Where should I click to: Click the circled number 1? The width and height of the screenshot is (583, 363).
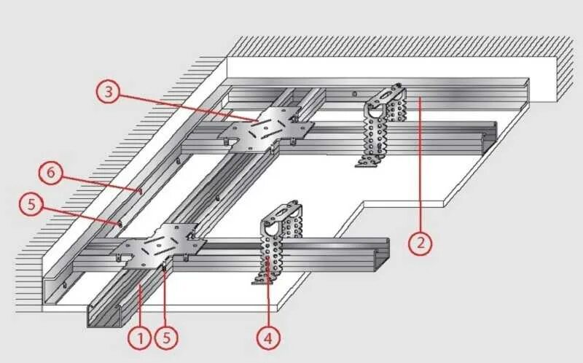pyautogui.click(x=139, y=337)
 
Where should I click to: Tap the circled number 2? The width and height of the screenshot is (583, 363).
pyautogui.click(x=420, y=242)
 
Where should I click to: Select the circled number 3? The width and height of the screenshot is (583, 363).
pyautogui.click(x=109, y=92)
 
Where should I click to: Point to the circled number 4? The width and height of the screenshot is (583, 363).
pyautogui.click(x=269, y=337)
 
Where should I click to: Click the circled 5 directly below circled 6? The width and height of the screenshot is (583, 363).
pyautogui.click(x=32, y=205)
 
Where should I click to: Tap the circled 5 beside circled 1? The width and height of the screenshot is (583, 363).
pyautogui.click(x=169, y=337)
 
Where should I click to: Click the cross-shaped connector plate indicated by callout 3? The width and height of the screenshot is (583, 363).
pyautogui.click(x=266, y=129)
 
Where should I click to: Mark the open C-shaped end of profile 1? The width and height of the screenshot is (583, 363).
pyautogui.click(x=102, y=315)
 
